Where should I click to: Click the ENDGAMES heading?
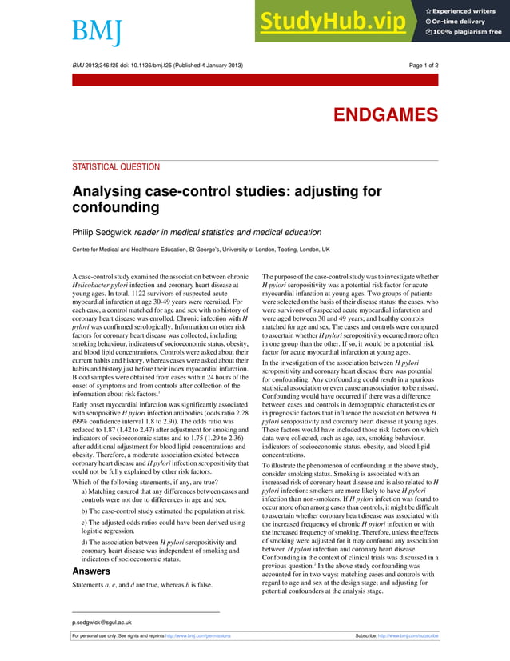(x=385, y=114)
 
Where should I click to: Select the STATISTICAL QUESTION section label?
(x=116, y=167)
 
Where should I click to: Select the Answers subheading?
(x=91, y=571)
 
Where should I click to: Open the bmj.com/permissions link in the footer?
(x=197, y=635)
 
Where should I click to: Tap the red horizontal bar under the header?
(x=255, y=80)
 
